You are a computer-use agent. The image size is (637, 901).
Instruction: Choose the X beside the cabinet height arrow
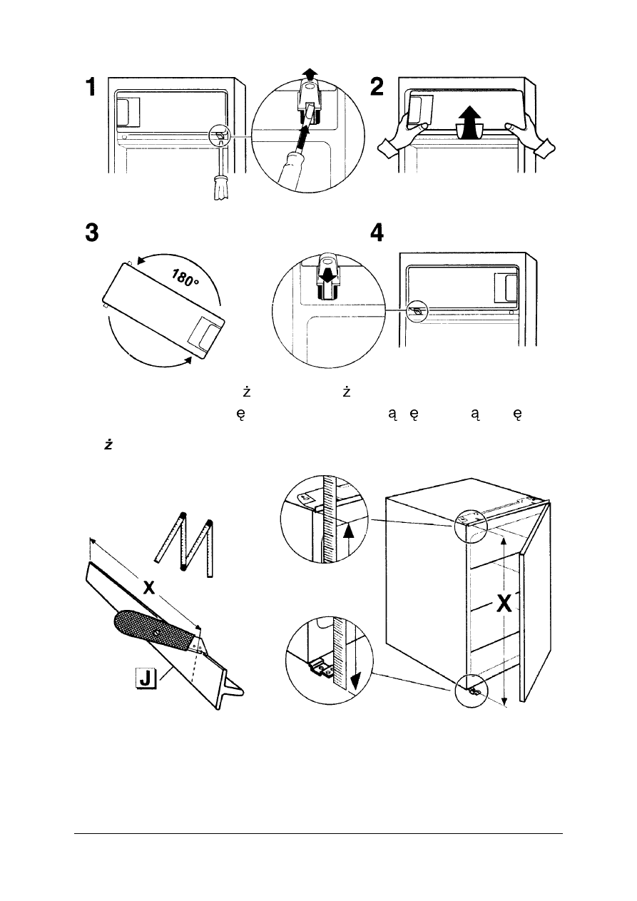(x=504, y=604)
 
